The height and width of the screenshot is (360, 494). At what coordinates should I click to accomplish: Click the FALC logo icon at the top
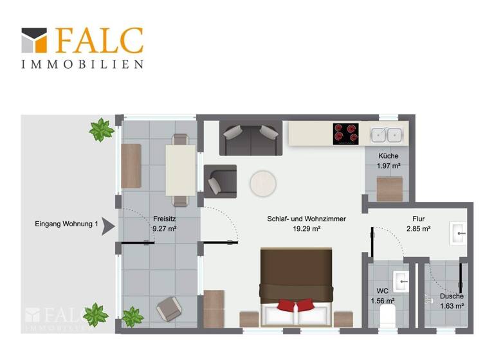[34, 40]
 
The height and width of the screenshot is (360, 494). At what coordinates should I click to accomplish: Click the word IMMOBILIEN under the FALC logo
[82, 64]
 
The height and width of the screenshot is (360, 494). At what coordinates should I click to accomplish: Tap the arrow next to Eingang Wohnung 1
[109, 226]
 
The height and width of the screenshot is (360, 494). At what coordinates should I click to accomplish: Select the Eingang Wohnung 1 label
[67, 224]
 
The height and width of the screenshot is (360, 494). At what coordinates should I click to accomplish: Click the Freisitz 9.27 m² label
[165, 222]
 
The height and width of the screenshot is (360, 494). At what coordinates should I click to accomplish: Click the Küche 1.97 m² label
[389, 161]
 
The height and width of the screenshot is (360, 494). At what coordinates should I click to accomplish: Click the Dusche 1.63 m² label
[452, 301]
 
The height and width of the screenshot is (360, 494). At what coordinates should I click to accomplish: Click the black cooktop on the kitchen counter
[345, 134]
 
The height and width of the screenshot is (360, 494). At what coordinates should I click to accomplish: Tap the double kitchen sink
[387, 134]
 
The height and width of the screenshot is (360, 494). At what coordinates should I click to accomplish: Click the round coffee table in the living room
[263, 182]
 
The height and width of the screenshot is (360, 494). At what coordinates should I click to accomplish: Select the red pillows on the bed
[297, 305]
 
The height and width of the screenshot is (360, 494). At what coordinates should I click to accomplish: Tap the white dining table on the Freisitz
[180, 170]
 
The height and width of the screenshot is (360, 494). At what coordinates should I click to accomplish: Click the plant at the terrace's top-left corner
[101, 130]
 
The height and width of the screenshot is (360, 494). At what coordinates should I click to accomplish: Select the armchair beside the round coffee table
[219, 181]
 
